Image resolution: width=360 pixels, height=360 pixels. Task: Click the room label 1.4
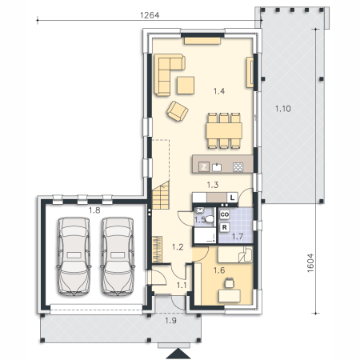pyautogui.click(x=219, y=91)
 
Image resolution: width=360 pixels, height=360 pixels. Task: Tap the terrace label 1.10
pyautogui.click(x=283, y=109)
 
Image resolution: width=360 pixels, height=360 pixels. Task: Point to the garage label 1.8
pyautogui.click(x=94, y=210)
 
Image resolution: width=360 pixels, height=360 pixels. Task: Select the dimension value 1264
pyautogui.click(x=150, y=15)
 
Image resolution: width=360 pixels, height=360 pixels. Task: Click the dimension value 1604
pyautogui.click(x=310, y=263)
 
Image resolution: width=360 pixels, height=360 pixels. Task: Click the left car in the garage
pyautogui.click(x=74, y=256)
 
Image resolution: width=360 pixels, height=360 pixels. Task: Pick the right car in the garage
pyautogui.click(x=118, y=256)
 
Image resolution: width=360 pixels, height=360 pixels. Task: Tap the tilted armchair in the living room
pyautogui.click(x=178, y=111)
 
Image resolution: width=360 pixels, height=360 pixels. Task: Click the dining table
pyautogui.click(x=224, y=130)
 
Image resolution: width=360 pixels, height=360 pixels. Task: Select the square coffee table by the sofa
pyautogui.click(x=186, y=86)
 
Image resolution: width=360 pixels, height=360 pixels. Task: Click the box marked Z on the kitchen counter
pyautogui.click(x=204, y=167)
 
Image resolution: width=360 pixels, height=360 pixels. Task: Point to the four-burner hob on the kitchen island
pyautogui.click(x=238, y=167)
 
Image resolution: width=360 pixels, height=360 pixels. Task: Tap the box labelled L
pyautogui.click(x=232, y=198)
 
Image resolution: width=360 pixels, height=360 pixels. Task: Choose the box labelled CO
pyautogui.click(x=225, y=214)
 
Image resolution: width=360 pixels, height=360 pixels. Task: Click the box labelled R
pyautogui.click(x=225, y=227)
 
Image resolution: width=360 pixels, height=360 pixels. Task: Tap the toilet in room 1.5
pyautogui.click(x=210, y=219)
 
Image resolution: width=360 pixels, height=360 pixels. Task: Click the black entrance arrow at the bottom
pyautogui.click(x=178, y=354)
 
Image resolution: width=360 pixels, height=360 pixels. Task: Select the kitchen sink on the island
pyautogui.click(x=217, y=167)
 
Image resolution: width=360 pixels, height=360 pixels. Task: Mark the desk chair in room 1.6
pyautogui.click(x=230, y=282)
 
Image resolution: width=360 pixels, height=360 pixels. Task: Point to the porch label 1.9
pyautogui.click(x=170, y=320)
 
